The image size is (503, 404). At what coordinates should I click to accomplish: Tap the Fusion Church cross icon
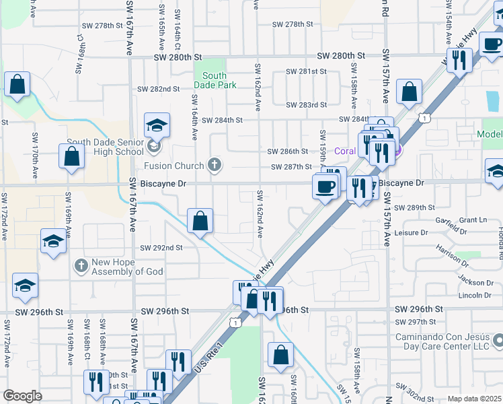click(x=215, y=166)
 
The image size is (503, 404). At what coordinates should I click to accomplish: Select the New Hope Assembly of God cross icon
click(x=81, y=266)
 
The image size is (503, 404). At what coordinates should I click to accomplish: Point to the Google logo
click(x=22, y=396)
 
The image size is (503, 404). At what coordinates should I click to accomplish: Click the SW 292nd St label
click(x=161, y=248)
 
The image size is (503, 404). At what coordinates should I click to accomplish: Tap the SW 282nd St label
click(x=159, y=89)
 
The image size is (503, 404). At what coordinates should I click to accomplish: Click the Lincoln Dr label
click(x=475, y=295)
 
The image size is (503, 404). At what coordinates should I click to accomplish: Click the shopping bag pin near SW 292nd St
click(x=200, y=221)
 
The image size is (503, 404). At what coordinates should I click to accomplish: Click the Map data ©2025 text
click(x=473, y=399)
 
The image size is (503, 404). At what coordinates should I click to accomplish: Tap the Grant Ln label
click(x=473, y=220)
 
